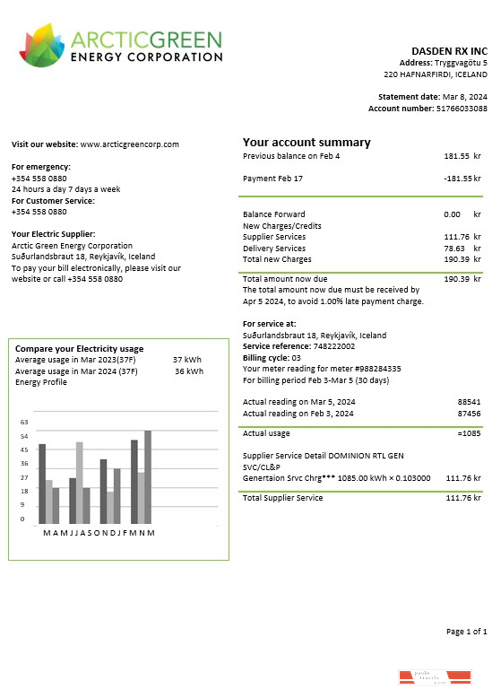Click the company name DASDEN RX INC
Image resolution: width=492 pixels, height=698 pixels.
click(x=449, y=51)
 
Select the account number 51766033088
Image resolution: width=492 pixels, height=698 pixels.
click(x=456, y=109)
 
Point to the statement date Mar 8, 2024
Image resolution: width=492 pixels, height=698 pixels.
click(x=465, y=97)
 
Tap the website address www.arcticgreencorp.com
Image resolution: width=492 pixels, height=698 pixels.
click(x=130, y=144)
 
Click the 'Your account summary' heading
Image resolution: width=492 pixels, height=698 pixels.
click(x=306, y=143)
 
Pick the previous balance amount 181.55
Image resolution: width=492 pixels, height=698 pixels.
click(x=457, y=156)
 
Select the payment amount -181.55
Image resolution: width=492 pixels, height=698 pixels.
click(x=456, y=179)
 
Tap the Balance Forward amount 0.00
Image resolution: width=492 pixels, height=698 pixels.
click(x=452, y=214)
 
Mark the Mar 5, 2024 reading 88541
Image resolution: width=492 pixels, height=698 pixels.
click(x=469, y=402)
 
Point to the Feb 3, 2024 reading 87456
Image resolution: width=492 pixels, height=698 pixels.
click(x=469, y=414)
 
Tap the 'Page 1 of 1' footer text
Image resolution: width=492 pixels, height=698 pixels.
click(x=466, y=633)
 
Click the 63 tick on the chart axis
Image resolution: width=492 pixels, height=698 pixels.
click(x=24, y=422)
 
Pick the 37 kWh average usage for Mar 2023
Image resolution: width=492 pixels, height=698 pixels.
click(x=187, y=360)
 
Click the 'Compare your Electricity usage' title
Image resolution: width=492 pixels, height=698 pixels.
click(x=79, y=349)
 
